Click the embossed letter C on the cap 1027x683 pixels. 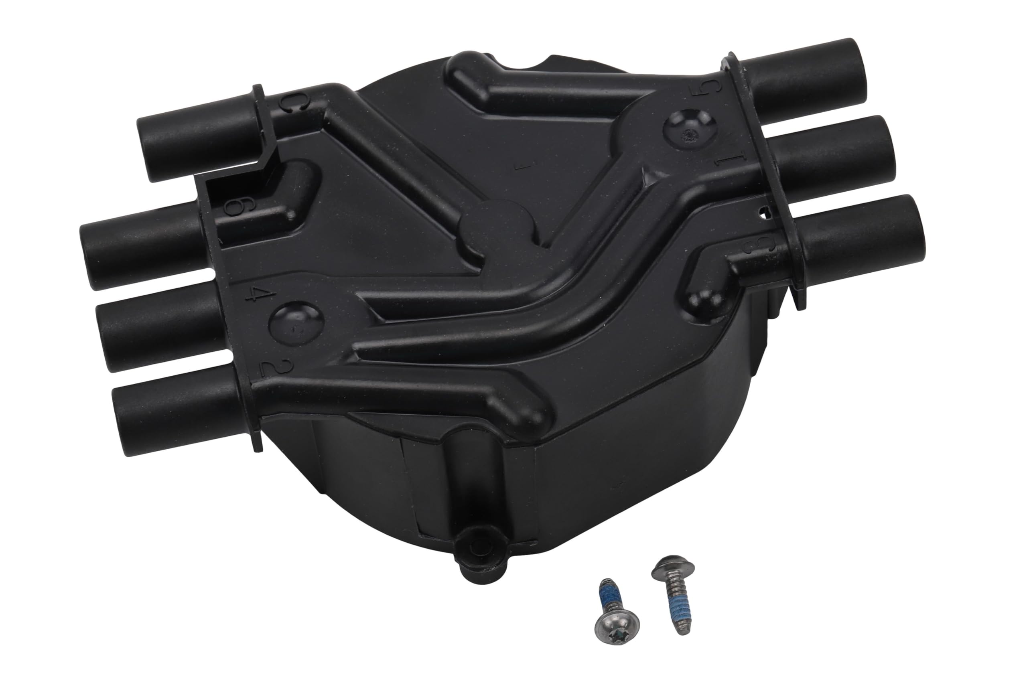[288, 103]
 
